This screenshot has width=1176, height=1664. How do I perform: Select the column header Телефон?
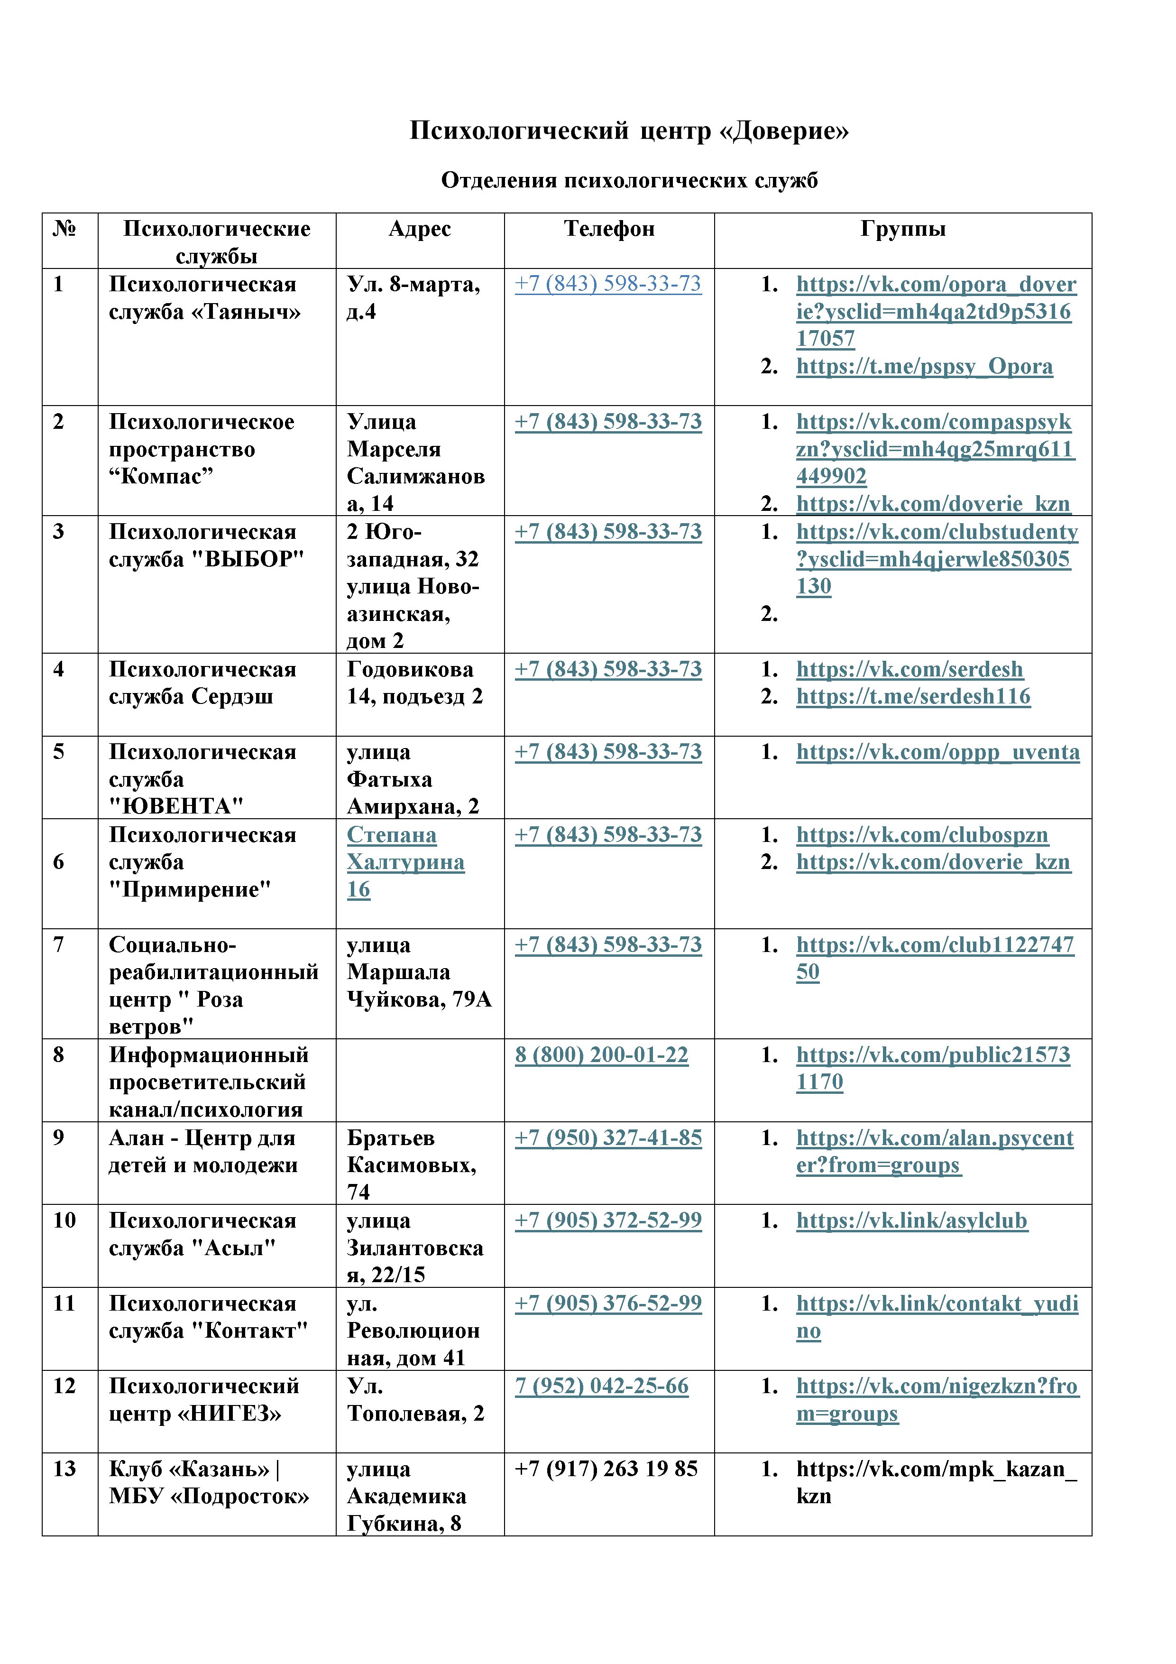609,229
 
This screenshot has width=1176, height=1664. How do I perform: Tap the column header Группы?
903,229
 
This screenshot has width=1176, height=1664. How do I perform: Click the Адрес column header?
420,229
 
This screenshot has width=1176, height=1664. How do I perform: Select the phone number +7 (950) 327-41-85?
608,1138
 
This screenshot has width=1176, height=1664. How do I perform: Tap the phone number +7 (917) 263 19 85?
606,1469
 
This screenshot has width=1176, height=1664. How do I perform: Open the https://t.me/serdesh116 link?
913,696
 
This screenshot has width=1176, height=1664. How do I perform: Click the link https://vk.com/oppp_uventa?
937,752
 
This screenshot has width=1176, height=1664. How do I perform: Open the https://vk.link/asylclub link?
911,1220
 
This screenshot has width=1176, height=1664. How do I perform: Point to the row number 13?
64,1469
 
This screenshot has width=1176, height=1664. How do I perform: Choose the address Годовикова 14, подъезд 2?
414,683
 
